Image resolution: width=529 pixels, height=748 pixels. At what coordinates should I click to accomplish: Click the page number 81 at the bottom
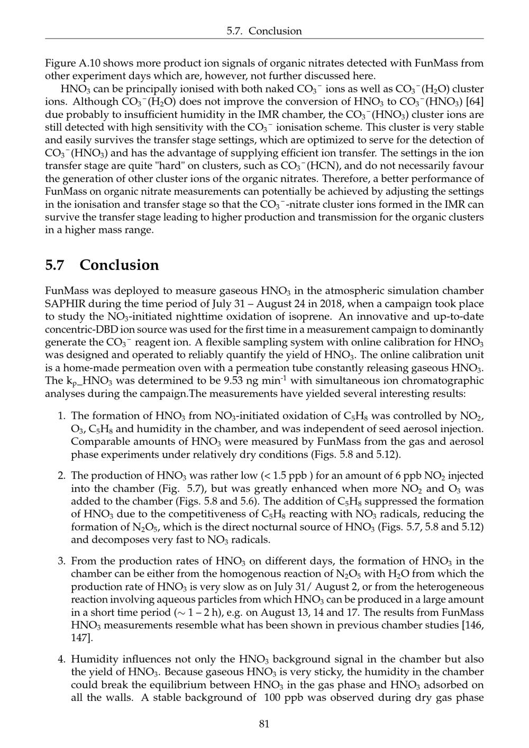264,724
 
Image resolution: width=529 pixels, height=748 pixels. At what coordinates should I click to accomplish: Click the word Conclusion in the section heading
119,265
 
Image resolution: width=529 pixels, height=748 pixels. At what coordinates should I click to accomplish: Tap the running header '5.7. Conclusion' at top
264,31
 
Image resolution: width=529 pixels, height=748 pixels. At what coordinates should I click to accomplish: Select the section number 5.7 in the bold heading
55,265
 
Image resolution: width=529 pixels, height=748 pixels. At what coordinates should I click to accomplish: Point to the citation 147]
81,638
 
